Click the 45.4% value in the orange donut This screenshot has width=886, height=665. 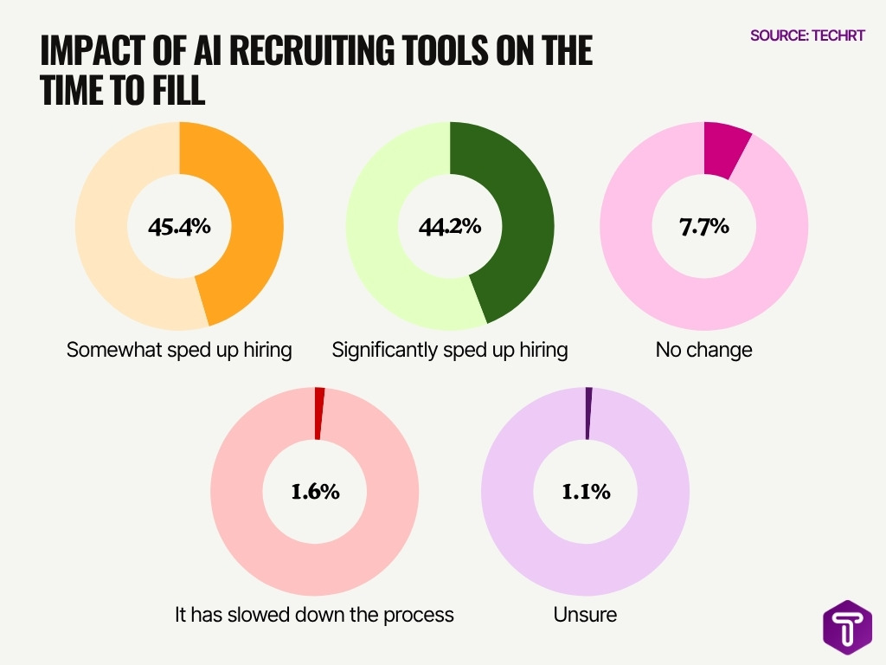pos(178,228)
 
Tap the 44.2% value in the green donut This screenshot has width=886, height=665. pos(449,228)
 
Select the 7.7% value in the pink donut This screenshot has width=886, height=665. pos(703,228)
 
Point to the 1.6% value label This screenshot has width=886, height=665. pos(314,492)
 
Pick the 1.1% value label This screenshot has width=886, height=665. pos(586,492)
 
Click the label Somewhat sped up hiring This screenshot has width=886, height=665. pos(179,350)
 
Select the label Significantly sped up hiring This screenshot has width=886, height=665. pos(450,350)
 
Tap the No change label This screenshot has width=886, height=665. pos(703,350)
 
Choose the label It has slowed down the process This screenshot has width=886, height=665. pos(314,615)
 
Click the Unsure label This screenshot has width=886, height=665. pos(585,615)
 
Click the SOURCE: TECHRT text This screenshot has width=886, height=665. pos(807,36)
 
